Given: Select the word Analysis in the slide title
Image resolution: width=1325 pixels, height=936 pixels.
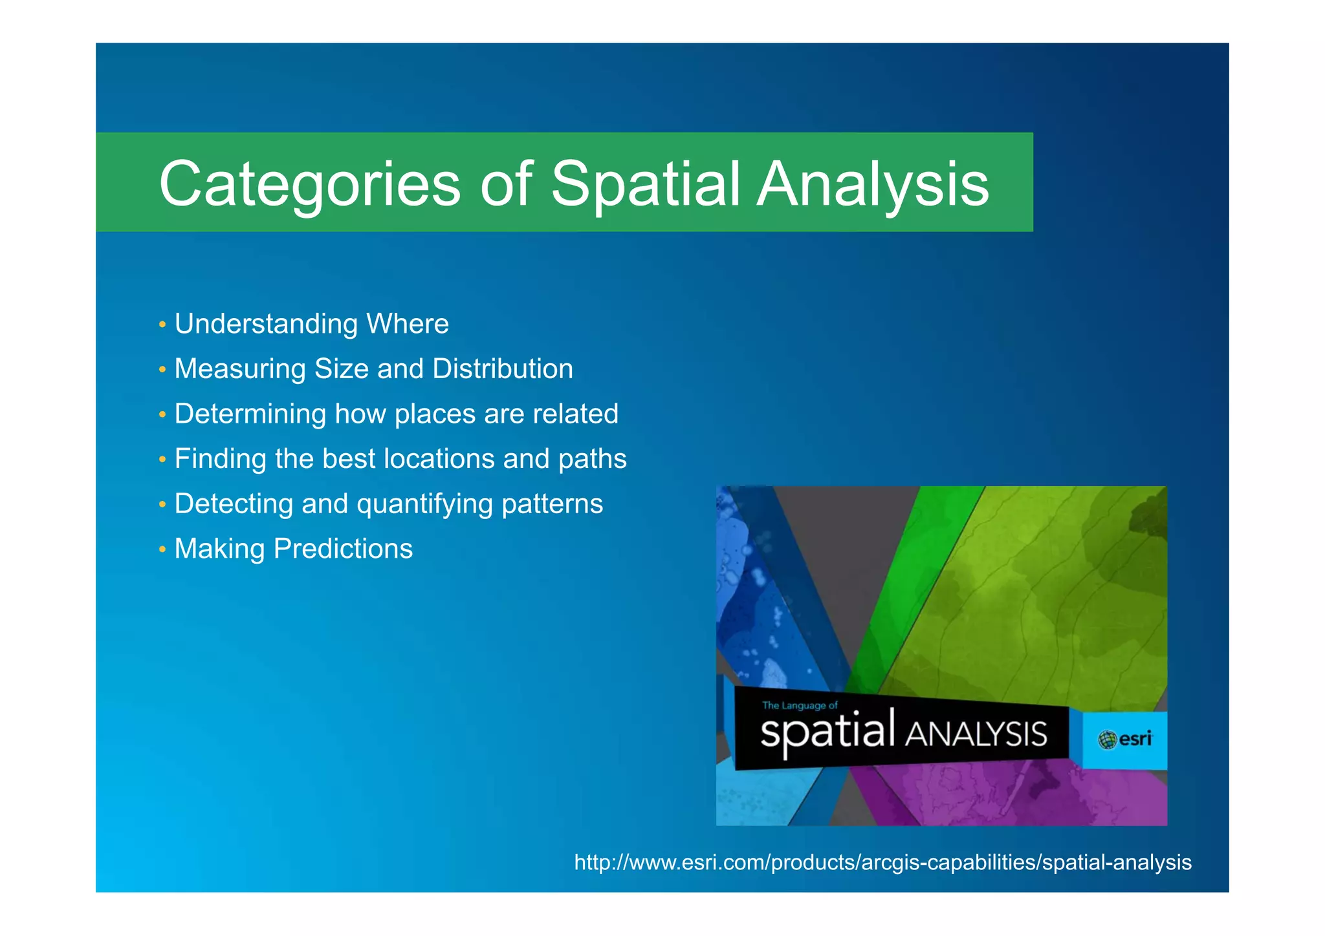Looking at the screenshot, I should click(x=873, y=185).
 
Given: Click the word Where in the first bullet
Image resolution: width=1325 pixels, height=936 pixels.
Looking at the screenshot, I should click(x=407, y=324).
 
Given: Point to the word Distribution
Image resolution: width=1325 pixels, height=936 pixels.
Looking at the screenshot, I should click(x=503, y=369).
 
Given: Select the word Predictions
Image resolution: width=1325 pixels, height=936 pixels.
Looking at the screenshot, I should click(x=343, y=549).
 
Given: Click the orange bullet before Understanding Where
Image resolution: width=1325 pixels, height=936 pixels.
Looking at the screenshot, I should click(x=162, y=324).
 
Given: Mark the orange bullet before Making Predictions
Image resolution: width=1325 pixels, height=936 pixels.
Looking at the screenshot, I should click(x=162, y=549).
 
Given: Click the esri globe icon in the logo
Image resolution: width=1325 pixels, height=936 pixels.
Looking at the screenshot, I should click(x=1107, y=739).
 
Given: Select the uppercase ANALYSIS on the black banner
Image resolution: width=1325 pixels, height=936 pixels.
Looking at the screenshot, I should click(x=975, y=734).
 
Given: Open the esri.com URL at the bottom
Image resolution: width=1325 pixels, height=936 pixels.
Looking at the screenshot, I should click(x=882, y=862).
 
